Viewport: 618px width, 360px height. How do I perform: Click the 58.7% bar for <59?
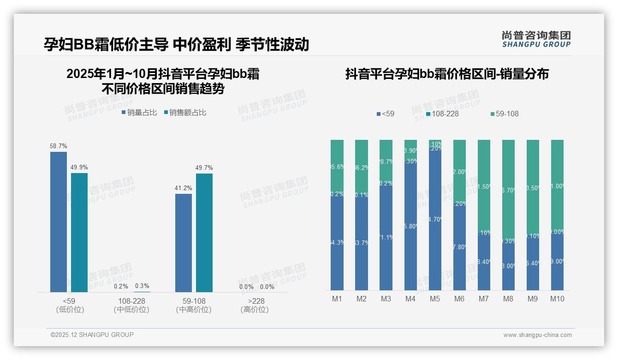(x=59, y=222)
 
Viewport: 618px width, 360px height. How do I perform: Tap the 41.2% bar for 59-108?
(x=184, y=243)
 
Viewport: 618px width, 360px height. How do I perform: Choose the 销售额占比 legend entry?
(x=185, y=113)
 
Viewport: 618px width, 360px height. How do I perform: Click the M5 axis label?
(x=435, y=299)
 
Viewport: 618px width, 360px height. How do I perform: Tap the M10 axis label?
(x=557, y=299)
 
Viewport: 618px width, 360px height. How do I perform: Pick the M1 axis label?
(x=337, y=299)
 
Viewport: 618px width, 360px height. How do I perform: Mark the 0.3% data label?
(x=142, y=286)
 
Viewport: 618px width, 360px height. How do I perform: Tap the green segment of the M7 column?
(x=484, y=185)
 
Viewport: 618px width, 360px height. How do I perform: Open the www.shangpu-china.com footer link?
(x=537, y=335)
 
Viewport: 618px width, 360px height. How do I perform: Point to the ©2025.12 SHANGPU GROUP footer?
(x=92, y=335)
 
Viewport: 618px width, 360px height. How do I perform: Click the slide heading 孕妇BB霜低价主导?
(x=106, y=45)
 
